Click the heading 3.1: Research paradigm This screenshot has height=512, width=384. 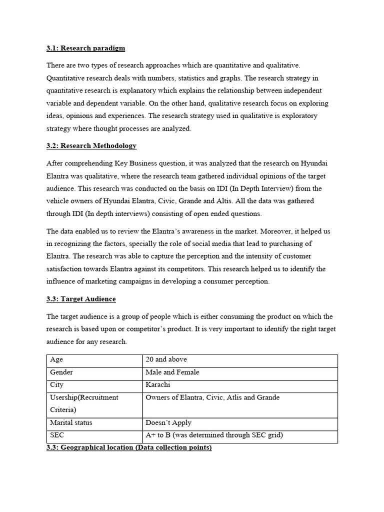point(85,48)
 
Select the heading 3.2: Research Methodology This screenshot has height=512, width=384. point(91,145)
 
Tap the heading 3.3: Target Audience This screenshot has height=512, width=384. point(81,299)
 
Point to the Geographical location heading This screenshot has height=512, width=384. point(129,447)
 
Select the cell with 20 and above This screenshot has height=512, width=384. point(166,359)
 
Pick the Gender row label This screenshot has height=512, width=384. point(61,372)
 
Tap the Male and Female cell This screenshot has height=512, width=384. point(172,372)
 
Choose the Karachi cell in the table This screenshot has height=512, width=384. point(158,385)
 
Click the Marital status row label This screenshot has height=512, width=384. point(71,422)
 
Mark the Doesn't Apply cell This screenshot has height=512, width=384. point(168,422)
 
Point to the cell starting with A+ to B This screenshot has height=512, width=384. point(214,435)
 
